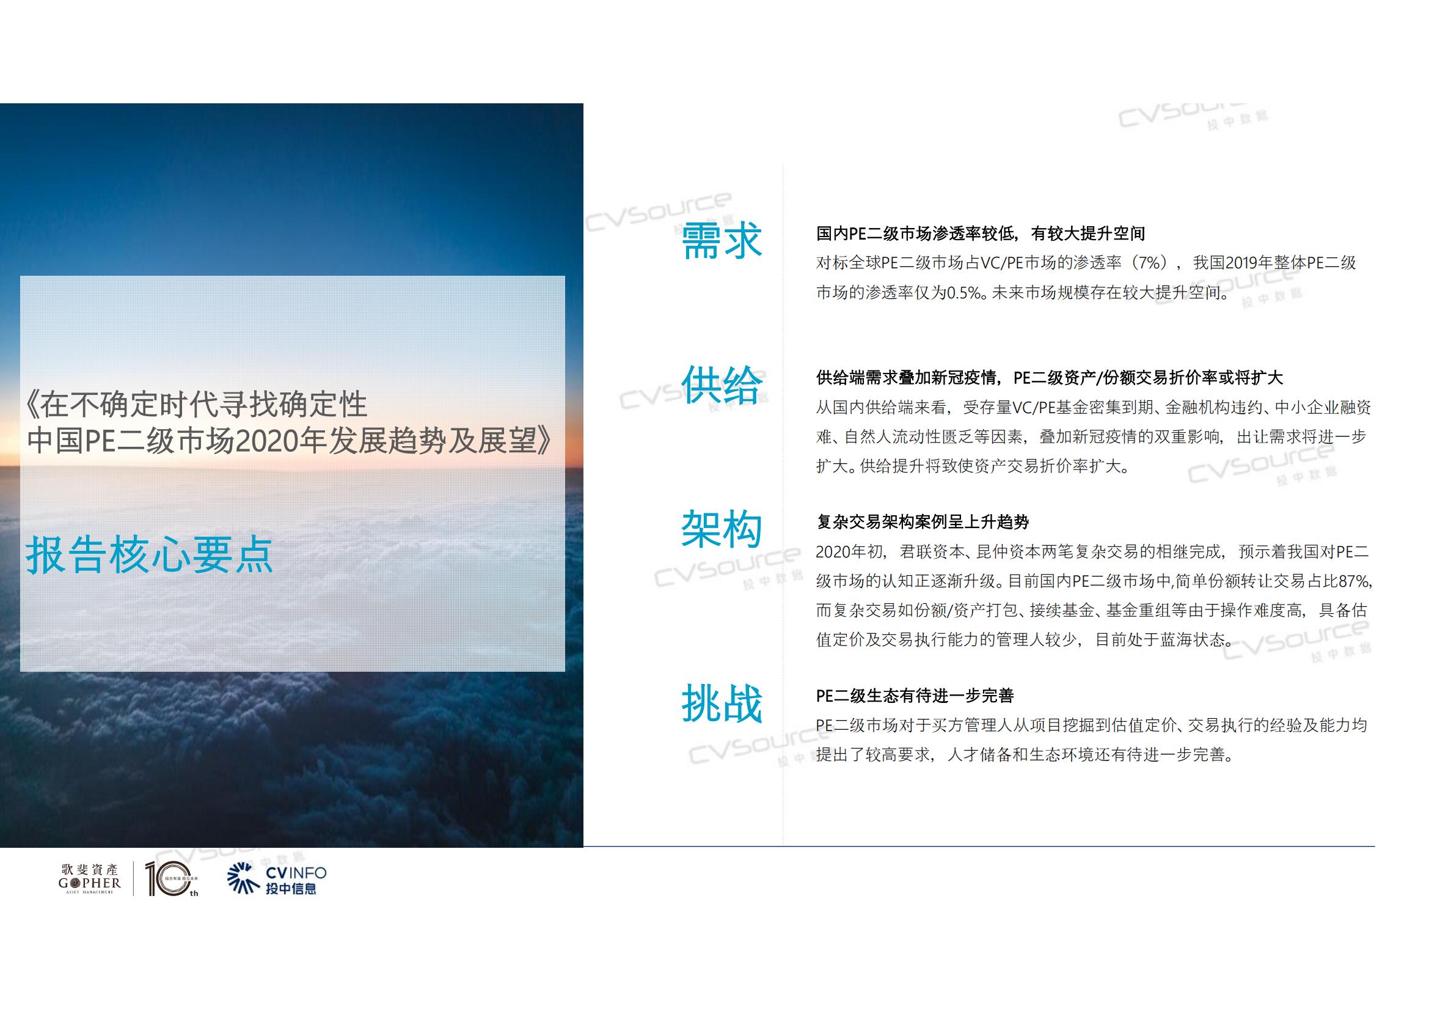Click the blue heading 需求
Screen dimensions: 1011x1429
[x=722, y=240]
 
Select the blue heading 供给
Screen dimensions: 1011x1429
[x=722, y=384]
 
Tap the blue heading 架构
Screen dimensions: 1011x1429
[x=722, y=529]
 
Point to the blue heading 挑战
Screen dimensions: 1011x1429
[x=722, y=704]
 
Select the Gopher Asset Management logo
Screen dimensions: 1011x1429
[x=90, y=878]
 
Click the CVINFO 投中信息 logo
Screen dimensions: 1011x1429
[x=277, y=879]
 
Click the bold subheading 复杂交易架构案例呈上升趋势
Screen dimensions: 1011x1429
[x=923, y=521]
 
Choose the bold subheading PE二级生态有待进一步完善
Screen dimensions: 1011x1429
[x=915, y=696]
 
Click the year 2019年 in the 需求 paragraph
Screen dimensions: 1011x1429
[x=1253, y=263]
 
